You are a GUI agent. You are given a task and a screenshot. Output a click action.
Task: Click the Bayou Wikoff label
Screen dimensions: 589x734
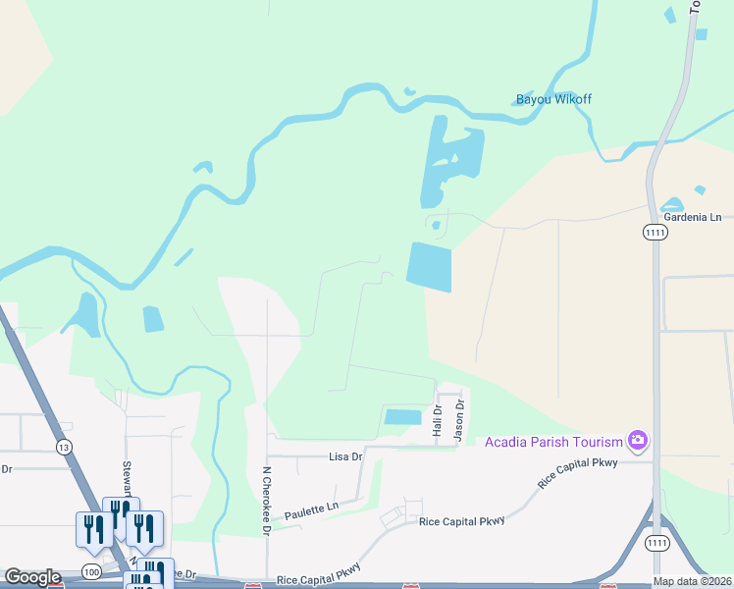(553, 99)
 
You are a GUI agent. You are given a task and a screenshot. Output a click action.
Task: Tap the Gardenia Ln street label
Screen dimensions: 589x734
(692, 216)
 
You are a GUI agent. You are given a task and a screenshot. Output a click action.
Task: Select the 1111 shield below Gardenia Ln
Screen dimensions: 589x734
(655, 232)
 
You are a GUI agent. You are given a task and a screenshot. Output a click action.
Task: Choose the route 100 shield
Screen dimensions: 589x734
(91, 570)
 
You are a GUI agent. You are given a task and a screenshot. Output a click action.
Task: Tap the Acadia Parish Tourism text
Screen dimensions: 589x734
(554, 441)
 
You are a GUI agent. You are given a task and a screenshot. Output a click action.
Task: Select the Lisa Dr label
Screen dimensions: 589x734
(345, 456)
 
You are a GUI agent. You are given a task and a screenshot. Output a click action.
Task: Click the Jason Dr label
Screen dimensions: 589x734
(458, 421)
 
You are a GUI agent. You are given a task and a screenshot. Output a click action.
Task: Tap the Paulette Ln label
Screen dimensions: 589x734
(310, 513)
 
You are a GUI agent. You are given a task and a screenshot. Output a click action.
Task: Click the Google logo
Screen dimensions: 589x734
(32, 577)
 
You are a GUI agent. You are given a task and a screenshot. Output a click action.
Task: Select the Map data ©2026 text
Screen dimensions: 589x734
(692, 581)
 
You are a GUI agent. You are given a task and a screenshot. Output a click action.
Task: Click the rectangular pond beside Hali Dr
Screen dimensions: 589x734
(402, 417)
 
